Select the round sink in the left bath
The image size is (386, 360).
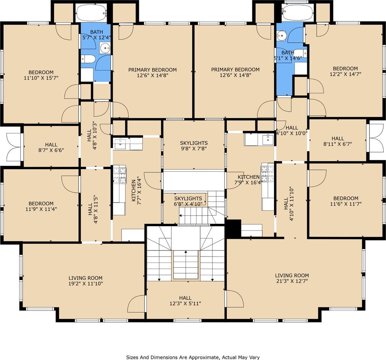[x=105, y=48]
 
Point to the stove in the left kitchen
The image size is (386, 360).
[x=120, y=175]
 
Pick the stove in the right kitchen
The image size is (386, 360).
[x=267, y=173]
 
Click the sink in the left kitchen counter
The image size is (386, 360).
[x=120, y=144]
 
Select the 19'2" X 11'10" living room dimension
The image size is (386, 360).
[x=85, y=283]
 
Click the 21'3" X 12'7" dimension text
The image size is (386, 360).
[x=292, y=281]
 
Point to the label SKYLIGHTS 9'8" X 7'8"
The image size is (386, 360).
[x=194, y=145]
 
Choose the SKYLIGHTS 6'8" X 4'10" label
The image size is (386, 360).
[x=188, y=201]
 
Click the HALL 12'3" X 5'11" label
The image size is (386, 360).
[x=185, y=301]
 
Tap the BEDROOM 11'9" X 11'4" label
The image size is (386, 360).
[x=41, y=206]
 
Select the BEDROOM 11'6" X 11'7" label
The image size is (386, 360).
[x=345, y=201]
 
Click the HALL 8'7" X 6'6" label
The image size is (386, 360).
[x=51, y=147]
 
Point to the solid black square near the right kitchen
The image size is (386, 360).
[x=233, y=229]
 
